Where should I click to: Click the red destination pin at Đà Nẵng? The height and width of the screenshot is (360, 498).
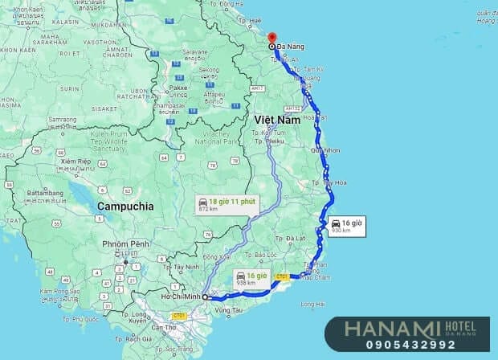coord(271,38)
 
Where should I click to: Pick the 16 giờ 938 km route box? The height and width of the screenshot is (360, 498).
coord(251,280)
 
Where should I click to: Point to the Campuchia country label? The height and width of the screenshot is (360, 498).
coord(124,206)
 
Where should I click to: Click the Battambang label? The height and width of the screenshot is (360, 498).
coord(45,193)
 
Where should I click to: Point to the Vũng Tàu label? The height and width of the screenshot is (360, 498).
coord(229,309)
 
